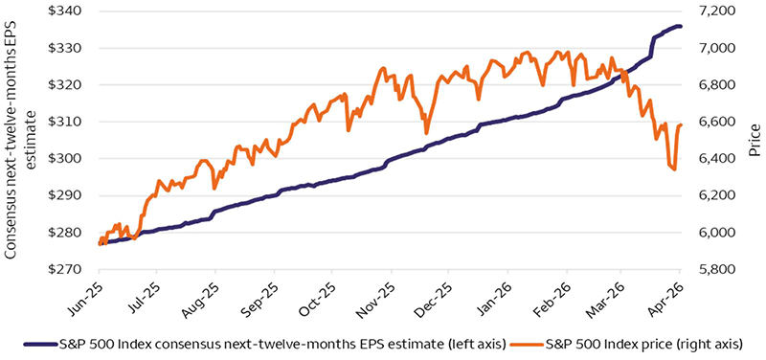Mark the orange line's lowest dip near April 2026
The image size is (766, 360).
click(x=674, y=169)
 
